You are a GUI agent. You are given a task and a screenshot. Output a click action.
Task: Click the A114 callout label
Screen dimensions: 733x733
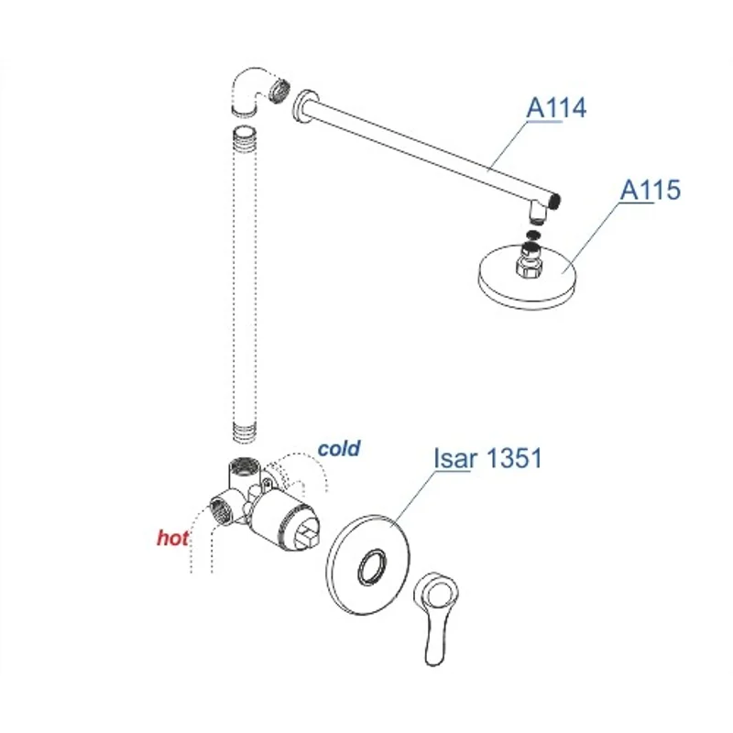(x=555, y=107)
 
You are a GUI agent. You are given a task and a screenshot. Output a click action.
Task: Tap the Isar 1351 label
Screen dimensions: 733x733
(x=487, y=458)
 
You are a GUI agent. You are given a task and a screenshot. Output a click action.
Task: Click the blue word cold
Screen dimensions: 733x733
(x=339, y=449)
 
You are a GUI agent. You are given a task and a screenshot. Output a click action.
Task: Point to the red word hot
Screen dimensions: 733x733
(x=172, y=538)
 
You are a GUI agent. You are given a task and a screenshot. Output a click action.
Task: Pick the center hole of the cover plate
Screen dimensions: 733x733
(x=373, y=568)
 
